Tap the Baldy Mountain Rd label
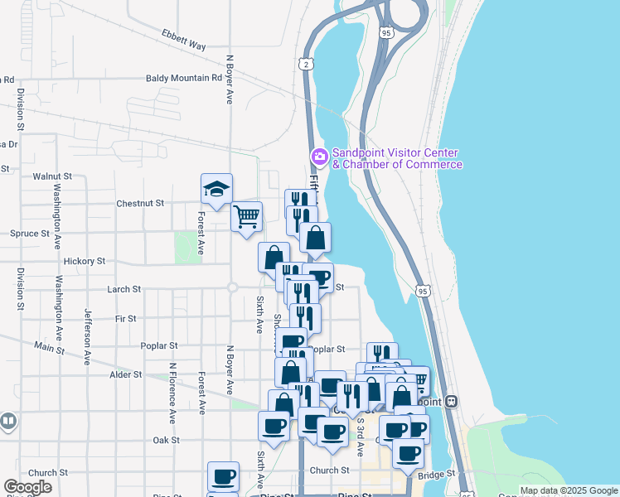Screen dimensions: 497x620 pyautogui.click(x=184, y=78)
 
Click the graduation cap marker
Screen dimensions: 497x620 pyautogui.click(x=216, y=190)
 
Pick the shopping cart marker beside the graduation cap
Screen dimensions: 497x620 pyautogui.click(x=247, y=217)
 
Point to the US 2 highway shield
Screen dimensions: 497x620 pyautogui.click(x=305, y=64)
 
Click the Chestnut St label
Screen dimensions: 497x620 pyautogui.click(x=140, y=202)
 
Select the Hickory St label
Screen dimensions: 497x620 pyautogui.click(x=84, y=260)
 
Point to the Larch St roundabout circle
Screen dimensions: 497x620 pyautogui.click(x=232, y=288)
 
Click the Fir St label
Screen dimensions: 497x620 pyautogui.click(x=126, y=318)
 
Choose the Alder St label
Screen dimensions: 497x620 pyautogui.click(x=126, y=374)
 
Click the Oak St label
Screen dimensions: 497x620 pyautogui.click(x=166, y=440)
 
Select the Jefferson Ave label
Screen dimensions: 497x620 pyautogui.click(x=86, y=337)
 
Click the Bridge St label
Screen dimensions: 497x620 pyautogui.click(x=438, y=474)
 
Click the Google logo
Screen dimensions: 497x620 pyautogui.click(x=27, y=487)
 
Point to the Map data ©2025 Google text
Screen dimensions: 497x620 pyautogui.click(x=568, y=490)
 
